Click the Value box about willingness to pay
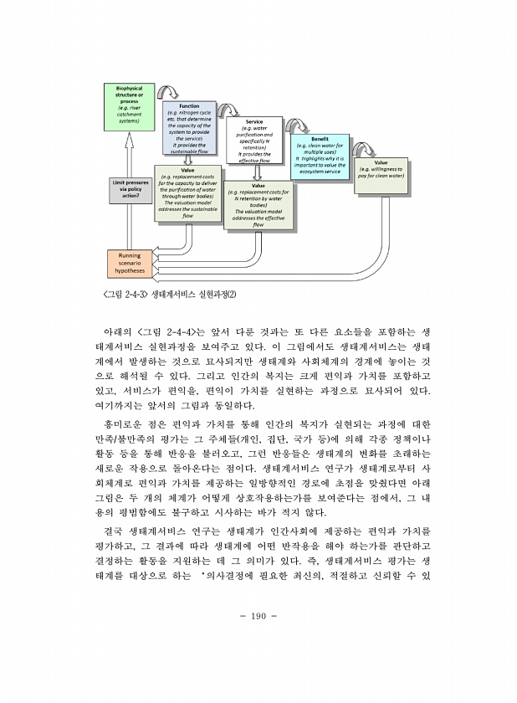(381, 170)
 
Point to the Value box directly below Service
(258, 206)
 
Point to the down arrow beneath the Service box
(258, 172)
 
